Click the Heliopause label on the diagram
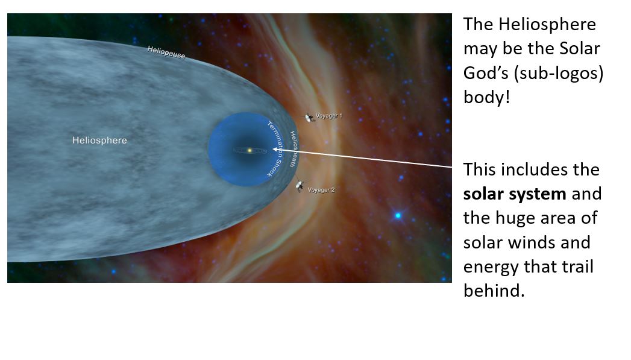166,52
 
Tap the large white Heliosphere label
100,141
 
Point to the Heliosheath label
294,148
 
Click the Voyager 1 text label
329,116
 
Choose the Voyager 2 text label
321,190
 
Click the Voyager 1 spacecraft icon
309,118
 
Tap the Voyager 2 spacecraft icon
300,186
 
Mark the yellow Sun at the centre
250,151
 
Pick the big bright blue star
398,215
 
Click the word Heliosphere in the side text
547,25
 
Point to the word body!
486,97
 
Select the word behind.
494,291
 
